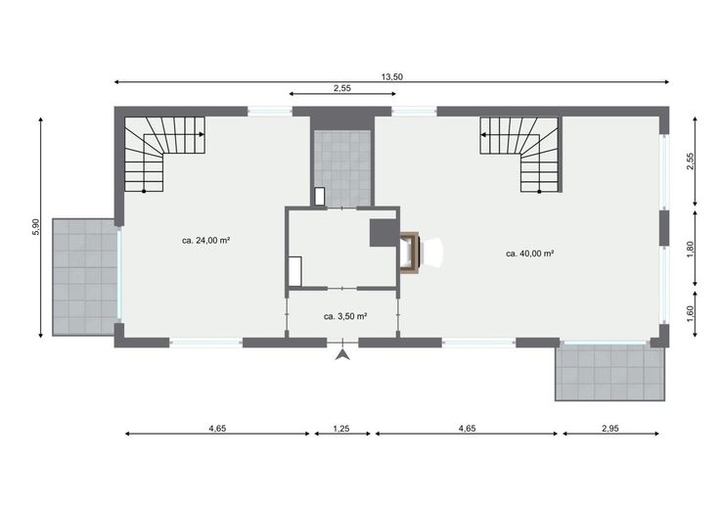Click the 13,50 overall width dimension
click(x=391, y=76)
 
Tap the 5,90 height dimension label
click(x=36, y=226)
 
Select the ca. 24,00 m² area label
click(x=205, y=240)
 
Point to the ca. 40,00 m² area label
click(x=530, y=254)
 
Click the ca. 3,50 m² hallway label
click(x=345, y=316)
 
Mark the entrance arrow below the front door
click(x=342, y=354)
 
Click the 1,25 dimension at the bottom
click(x=341, y=428)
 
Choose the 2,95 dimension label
click(x=610, y=428)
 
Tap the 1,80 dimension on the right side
click(x=691, y=249)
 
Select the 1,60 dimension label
click(x=691, y=314)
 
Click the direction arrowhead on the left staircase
click(x=202, y=134)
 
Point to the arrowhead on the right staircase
click(x=484, y=135)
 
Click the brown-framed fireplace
click(x=410, y=253)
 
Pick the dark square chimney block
click(x=383, y=232)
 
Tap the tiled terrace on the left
click(x=84, y=277)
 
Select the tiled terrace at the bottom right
click(x=609, y=373)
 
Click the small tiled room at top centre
click(x=342, y=168)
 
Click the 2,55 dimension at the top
click(x=342, y=88)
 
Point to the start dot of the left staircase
click(x=144, y=191)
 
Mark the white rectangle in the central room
click(x=294, y=271)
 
